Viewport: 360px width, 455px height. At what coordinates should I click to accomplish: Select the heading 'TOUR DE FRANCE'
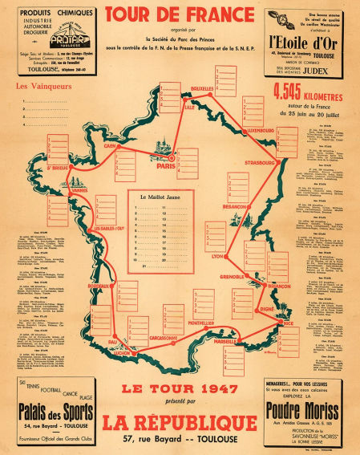[x=180, y=14]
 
